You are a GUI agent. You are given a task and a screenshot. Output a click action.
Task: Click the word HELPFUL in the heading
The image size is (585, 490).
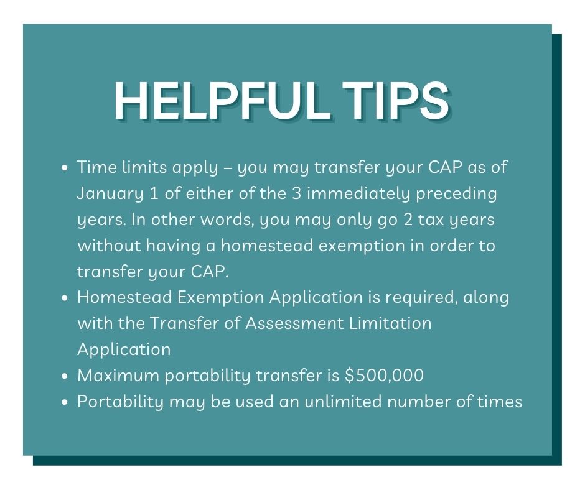click(222, 100)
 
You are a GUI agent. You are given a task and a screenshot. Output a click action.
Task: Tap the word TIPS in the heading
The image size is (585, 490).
click(396, 100)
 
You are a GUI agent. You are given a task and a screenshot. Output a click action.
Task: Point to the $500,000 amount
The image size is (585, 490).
click(384, 375)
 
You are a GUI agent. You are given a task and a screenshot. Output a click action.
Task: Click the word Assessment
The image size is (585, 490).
click(294, 323)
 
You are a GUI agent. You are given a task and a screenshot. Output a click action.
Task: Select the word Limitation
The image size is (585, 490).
click(390, 323)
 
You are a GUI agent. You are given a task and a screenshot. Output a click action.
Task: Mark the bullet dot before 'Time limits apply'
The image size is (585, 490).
click(65, 168)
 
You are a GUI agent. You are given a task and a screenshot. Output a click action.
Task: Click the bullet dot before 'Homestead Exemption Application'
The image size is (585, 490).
click(65, 298)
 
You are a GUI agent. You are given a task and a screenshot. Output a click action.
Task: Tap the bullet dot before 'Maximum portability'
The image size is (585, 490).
click(65, 376)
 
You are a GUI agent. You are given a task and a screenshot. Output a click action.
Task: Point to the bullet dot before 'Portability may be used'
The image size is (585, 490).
click(65, 402)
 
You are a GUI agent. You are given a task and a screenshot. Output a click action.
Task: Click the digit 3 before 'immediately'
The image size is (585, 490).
click(296, 193)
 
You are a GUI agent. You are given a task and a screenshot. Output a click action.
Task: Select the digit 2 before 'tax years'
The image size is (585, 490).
click(408, 220)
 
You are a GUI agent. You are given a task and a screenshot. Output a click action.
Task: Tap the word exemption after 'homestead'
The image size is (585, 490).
click(362, 246)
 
